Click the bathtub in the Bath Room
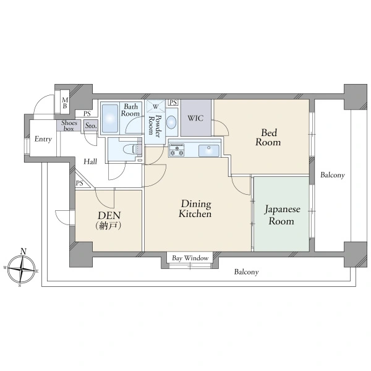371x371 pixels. pyautogui.click(x=110, y=118)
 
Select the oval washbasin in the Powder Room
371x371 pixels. pyautogui.click(x=171, y=122)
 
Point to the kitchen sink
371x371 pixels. pyautogui.click(x=209, y=151)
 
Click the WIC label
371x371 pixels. pyautogui.click(x=195, y=118)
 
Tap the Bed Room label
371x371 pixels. pyautogui.click(x=268, y=137)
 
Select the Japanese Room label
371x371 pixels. pyautogui.click(x=282, y=215)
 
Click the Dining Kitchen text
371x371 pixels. pyautogui.click(x=195, y=208)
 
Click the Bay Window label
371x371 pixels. pyautogui.click(x=190, y=258)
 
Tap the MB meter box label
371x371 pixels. pyautogui.click(x=65, y=103)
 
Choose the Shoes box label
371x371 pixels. pyautogui.click(x=69, y=126)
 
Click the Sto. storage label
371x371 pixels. pyautogui.click(x=91, y=126)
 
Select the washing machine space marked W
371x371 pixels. pyautogui.click(x=155, y=106)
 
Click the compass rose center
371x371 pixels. pyautogui.click(x=22, y=269)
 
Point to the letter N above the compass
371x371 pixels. pyautogui.click(x=23, y=251)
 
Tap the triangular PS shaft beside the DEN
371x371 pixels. pyautogui.click(x=82, y=181)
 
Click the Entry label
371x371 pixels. pyautogui.click(x=43, y=139)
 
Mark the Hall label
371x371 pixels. pyautogui.click(x=90, y=161)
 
